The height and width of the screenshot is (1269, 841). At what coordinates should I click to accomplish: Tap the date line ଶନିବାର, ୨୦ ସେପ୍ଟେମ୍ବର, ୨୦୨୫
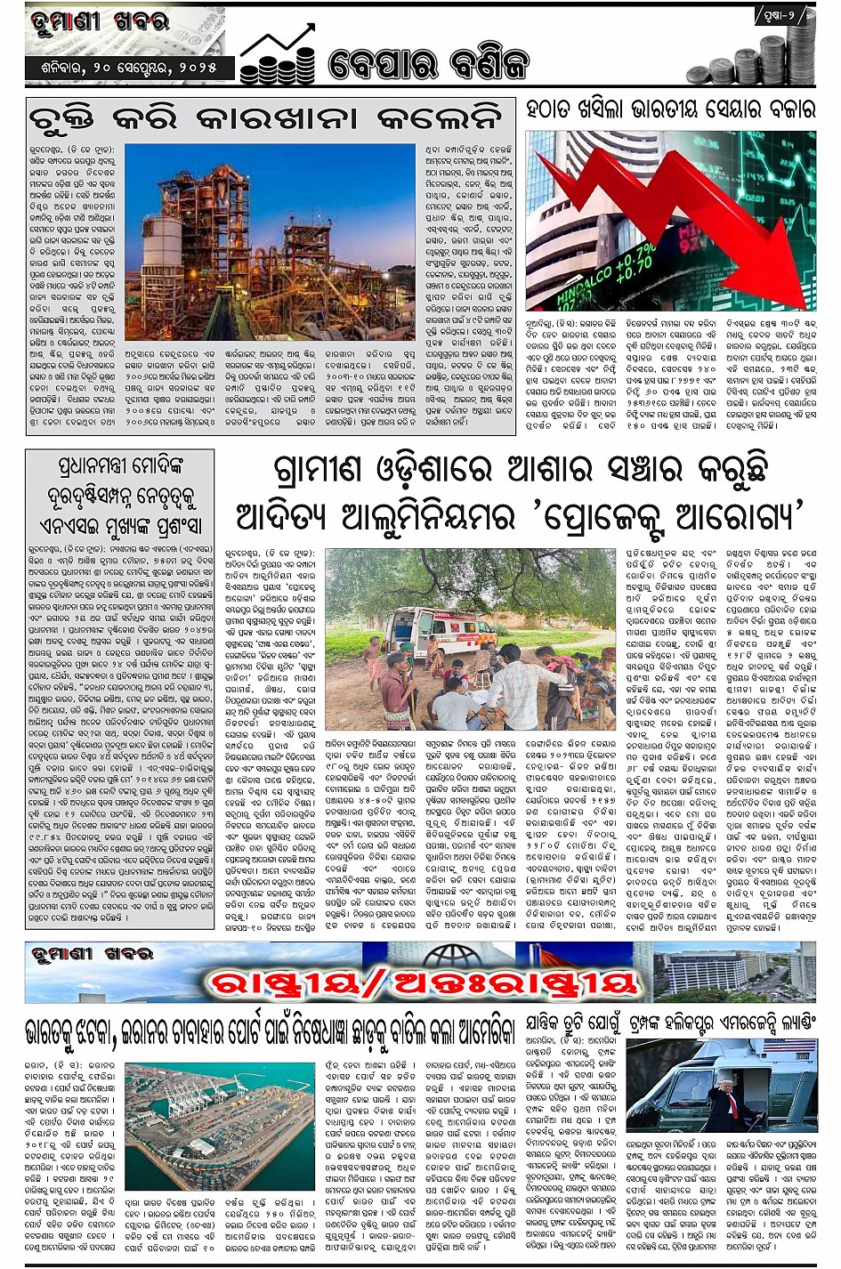tap(129, 68)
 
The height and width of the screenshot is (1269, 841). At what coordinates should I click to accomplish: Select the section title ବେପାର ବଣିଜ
tap(428, 63)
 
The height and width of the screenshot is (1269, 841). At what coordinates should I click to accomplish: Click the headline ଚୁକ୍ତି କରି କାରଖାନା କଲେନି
tap(266, 118)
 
